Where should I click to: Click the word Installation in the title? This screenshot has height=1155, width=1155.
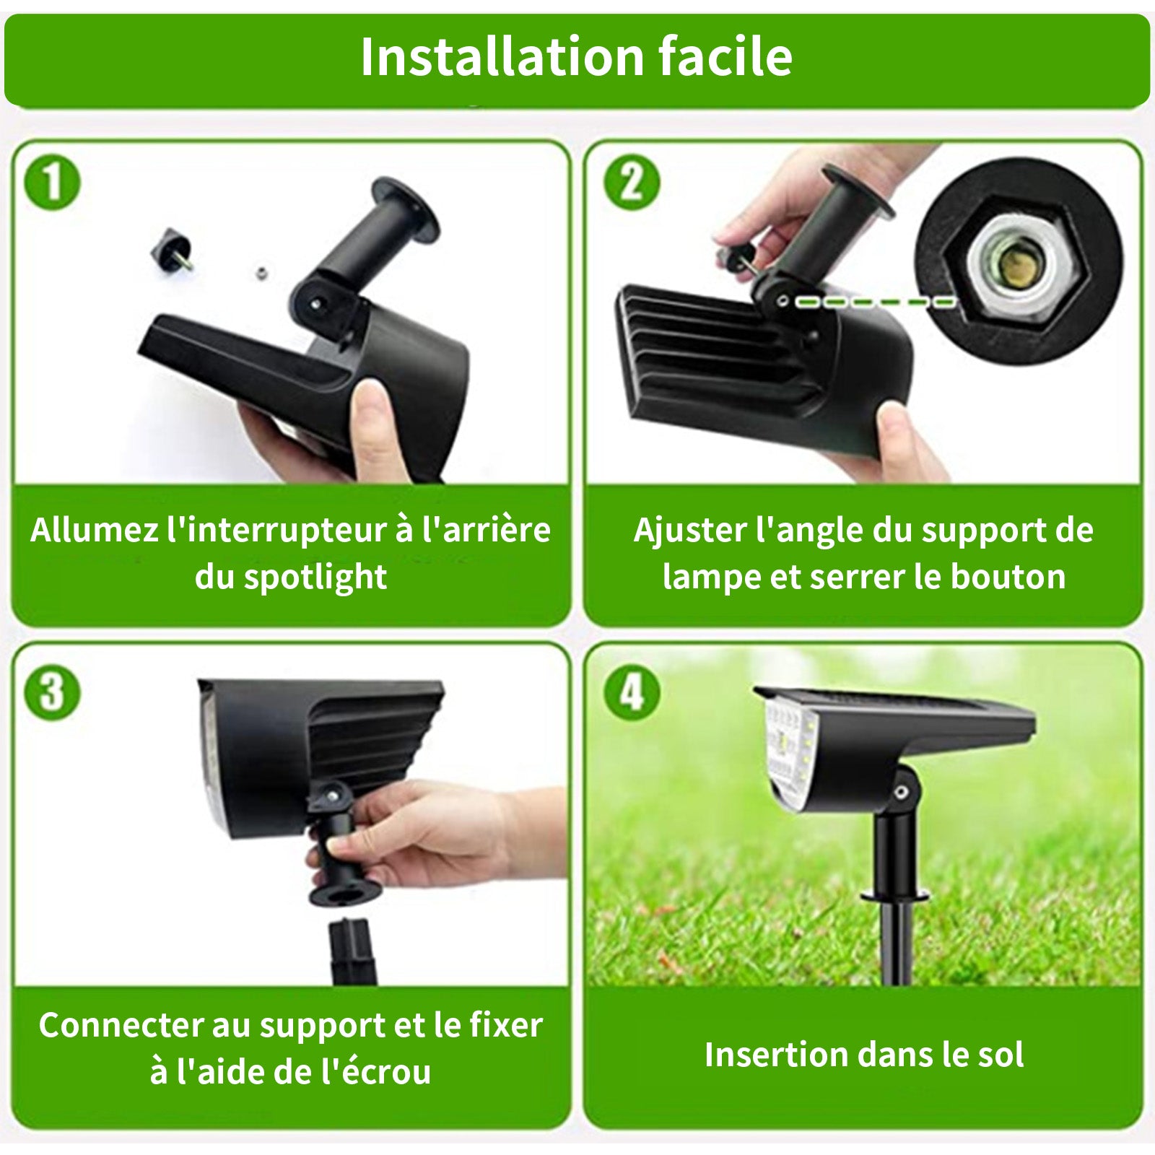(x=502, y=56)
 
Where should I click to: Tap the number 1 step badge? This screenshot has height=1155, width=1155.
(x=53, y=183)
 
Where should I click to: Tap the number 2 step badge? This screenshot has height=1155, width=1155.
(x=631, y=183)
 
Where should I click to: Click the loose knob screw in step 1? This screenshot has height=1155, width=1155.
(x=173, y=248)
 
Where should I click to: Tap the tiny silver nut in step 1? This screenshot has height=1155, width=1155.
(x=261, y=273)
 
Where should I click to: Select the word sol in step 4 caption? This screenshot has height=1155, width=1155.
(x=999, y=1055)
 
